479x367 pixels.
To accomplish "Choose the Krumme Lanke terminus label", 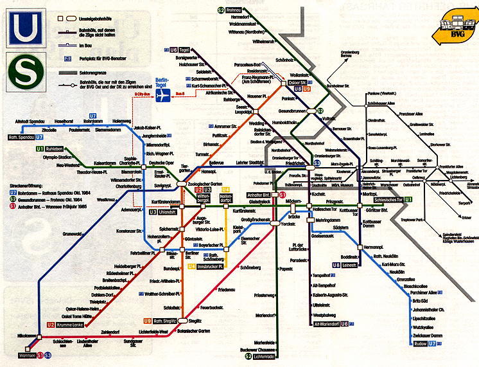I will (69, 325).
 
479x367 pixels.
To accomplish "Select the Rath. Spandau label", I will (21, 137).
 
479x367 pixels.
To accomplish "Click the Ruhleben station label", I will (35, 148).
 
